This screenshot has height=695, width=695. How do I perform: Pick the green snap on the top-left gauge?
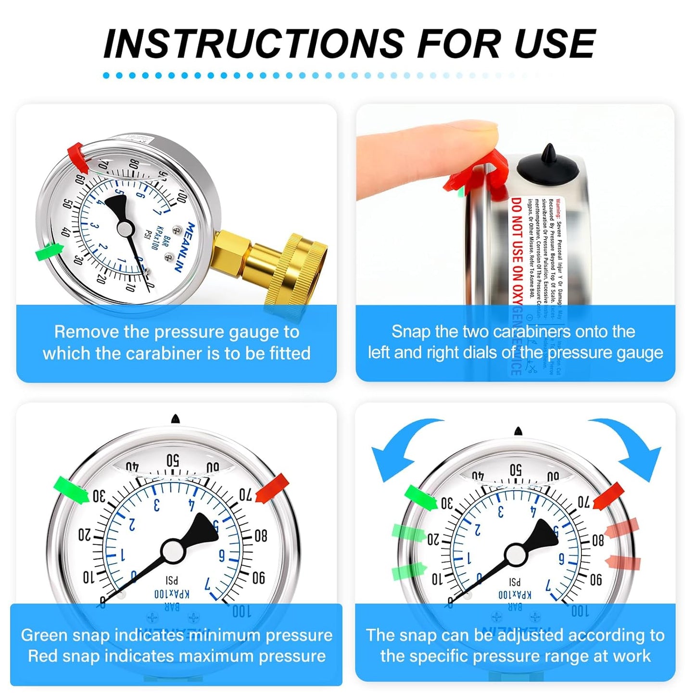click(50, 252)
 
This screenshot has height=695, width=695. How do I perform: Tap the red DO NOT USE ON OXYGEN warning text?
click(516, 250)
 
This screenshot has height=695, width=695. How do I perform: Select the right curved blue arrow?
click(630, 445)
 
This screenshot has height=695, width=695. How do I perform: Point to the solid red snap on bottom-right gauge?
click(609, 496)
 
